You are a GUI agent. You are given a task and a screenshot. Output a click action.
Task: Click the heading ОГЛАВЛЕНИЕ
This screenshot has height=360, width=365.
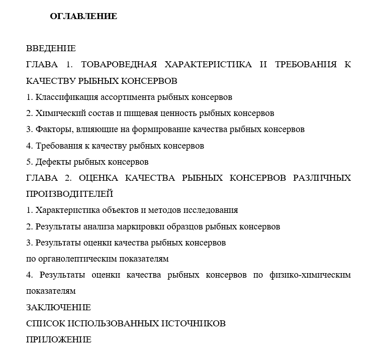coord(83,17)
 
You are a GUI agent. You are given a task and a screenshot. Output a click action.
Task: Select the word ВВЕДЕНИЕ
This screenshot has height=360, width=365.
coord(51,49)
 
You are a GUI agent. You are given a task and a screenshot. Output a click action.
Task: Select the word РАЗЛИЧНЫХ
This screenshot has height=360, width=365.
coord(322,178)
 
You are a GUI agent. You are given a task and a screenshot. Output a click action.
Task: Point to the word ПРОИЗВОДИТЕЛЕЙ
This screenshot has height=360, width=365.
coord(69,194)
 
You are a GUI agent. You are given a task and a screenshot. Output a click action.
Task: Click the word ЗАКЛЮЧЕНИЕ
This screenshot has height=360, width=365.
coord(58,307)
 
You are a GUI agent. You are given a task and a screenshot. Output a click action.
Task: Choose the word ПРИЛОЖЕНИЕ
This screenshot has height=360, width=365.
coord(58,339)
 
